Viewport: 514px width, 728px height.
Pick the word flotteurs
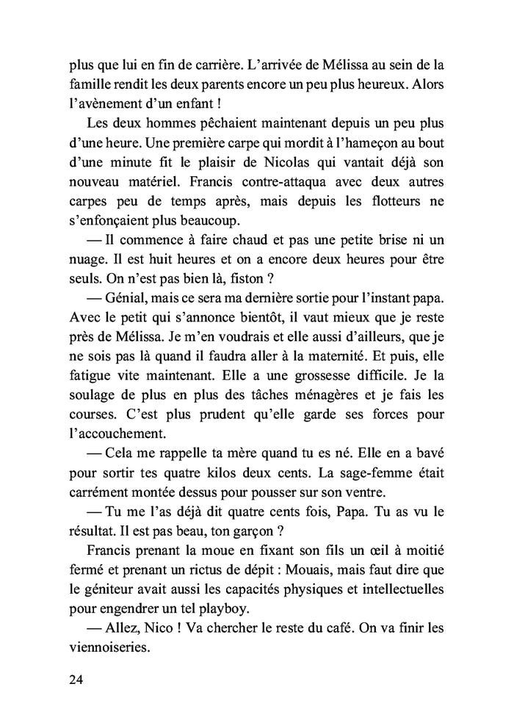pyautogui.click(x=394, y=200)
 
